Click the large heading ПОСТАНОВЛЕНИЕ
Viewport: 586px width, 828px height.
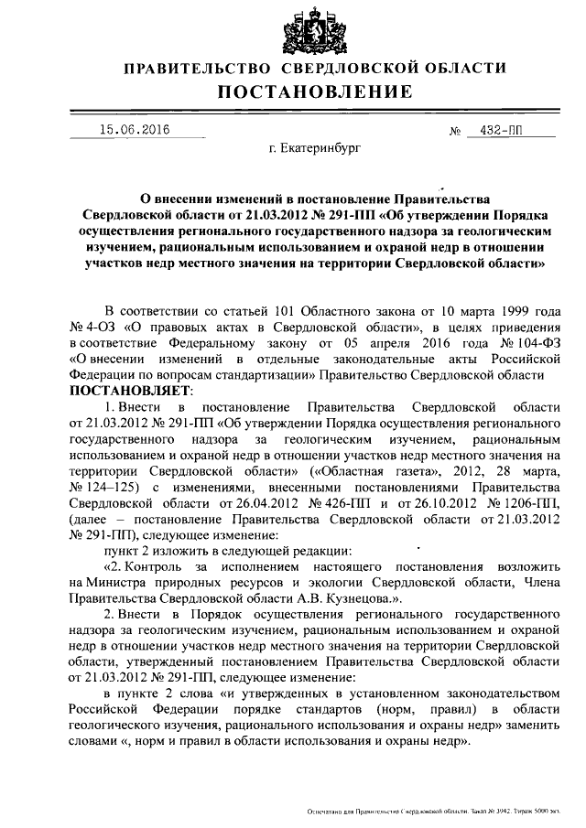tap(314, 91)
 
